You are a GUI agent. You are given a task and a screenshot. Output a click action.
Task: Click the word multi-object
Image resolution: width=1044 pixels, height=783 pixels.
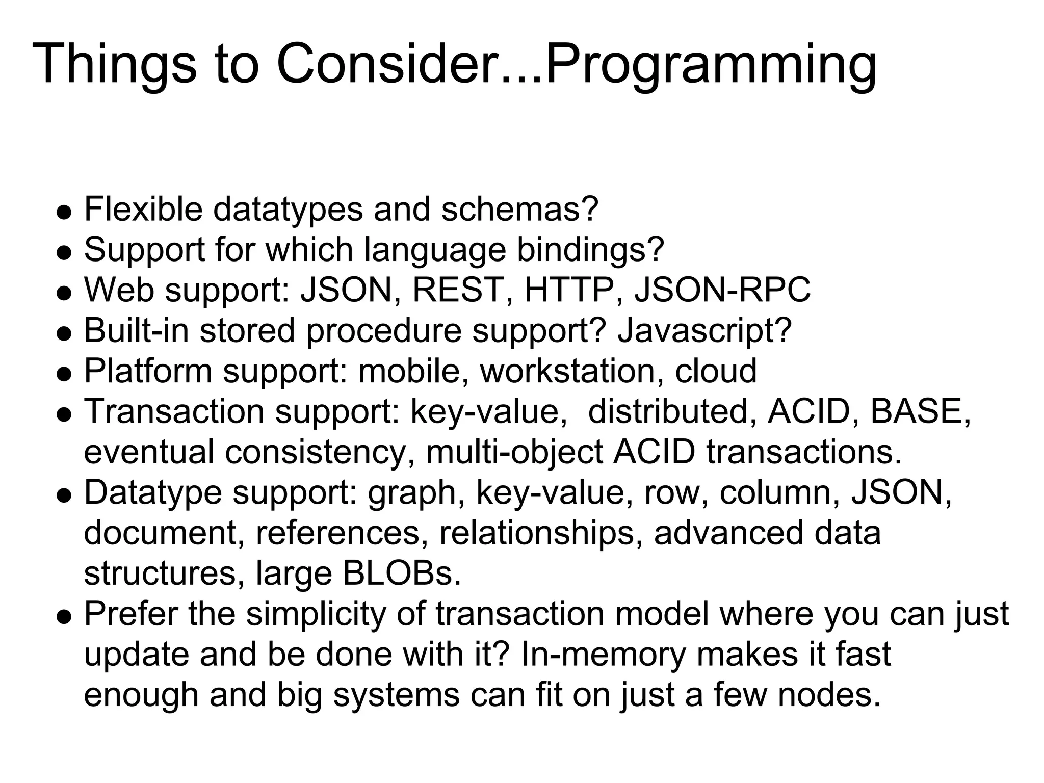point(514,452)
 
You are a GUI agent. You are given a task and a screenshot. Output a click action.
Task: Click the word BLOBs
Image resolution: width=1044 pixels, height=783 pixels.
point(402,573)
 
